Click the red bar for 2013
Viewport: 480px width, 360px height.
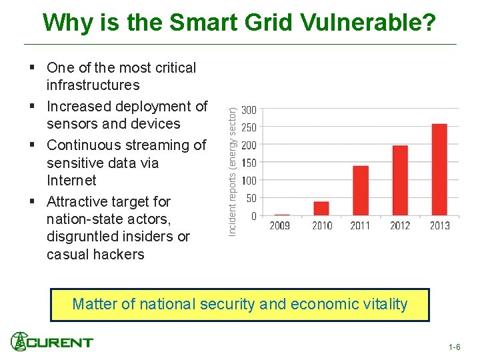point(439,169)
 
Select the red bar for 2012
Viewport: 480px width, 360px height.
point(400,180)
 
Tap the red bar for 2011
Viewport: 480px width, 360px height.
point(361,190)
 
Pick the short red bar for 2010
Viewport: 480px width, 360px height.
point(321,208)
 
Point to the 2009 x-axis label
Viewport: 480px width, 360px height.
point(280,226)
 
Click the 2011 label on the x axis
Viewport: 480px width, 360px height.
point(361,226)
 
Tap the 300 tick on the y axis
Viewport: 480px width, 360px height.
point(249,110)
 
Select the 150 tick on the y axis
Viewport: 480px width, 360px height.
point(249,163)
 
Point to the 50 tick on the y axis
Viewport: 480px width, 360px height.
point(251,199)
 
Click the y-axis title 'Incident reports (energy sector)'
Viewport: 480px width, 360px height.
point(233,163)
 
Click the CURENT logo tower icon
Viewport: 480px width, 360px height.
point(19,341)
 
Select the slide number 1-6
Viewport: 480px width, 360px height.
point(454,347)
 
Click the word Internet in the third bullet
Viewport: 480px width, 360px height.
point(71,181)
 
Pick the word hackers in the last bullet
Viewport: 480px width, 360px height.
point(120,254)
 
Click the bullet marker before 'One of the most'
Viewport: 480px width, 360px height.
point(33,68)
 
